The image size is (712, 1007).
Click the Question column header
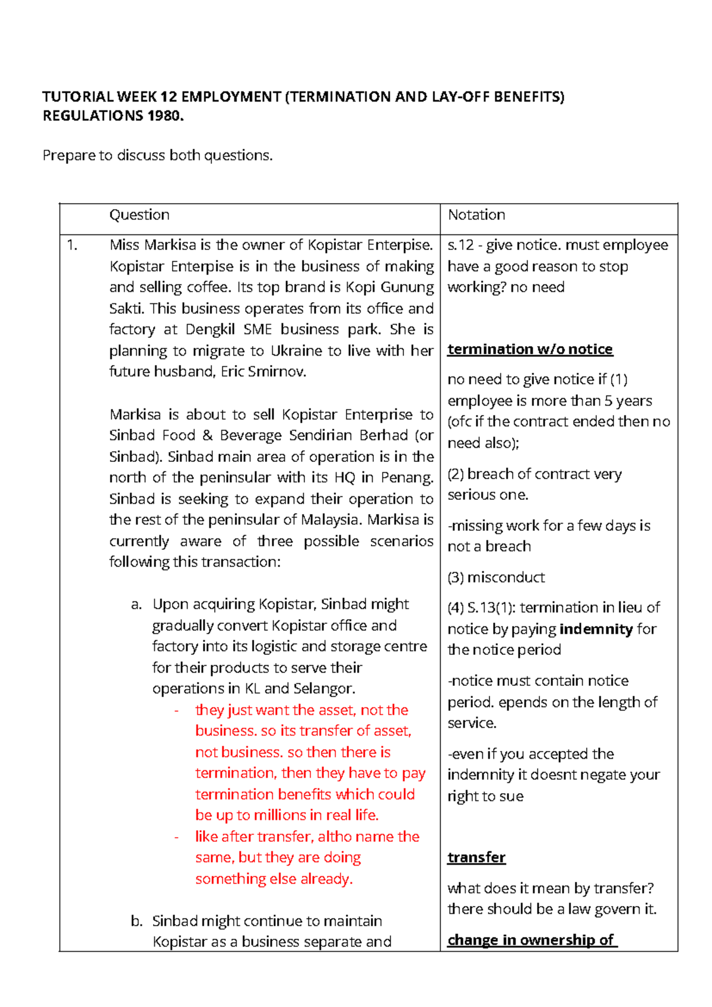click(x=139, y=215)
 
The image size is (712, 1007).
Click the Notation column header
click(x=476, y=215)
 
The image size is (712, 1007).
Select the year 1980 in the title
click(x=164, y=116)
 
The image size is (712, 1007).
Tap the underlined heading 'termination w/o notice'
click(x=530, y=349)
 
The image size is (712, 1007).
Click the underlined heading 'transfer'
click(x=476, y=857)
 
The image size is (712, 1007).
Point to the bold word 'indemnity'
click(x=596, y=629)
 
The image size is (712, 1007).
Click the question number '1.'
click(x=72, y=245)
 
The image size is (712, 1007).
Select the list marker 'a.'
click(x=136, y=604)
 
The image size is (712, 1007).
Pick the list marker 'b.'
click(x=136, y=921)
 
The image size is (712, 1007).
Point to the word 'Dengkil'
click(x=211, y=330)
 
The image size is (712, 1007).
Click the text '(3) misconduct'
click(x=496, y=577)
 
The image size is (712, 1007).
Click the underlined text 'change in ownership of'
click(x=532, y=940)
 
